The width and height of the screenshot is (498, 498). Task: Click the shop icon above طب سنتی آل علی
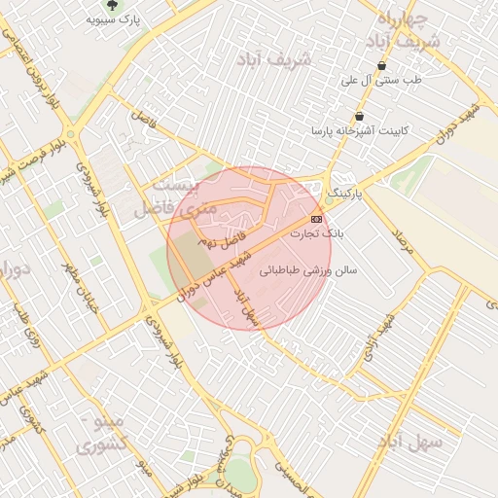[x=381, y=66]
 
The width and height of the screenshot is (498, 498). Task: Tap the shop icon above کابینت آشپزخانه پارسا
[x=359, y=117]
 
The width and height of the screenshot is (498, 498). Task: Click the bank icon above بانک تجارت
[x=316, y=219]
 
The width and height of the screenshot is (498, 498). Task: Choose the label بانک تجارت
[x=320, y=233]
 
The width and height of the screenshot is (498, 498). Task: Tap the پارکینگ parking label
[x=342, y=195]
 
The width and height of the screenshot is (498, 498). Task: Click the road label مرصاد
[x=402, y=243]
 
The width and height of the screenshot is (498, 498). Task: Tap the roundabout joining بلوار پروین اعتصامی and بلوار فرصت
[x=71, y=134]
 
